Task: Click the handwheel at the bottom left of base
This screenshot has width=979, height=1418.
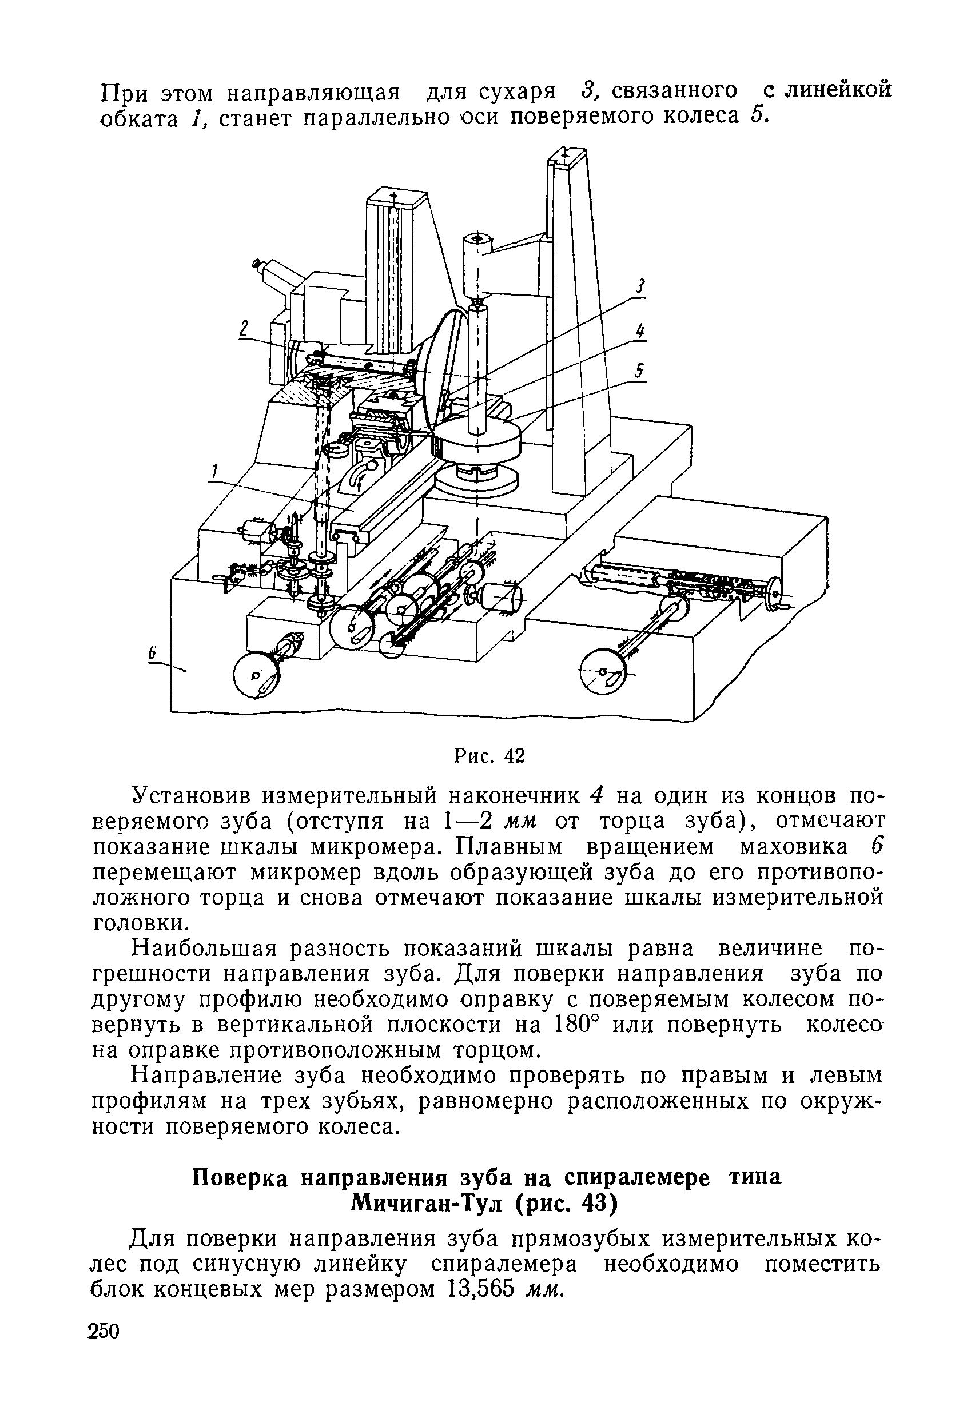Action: [256, 678]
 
